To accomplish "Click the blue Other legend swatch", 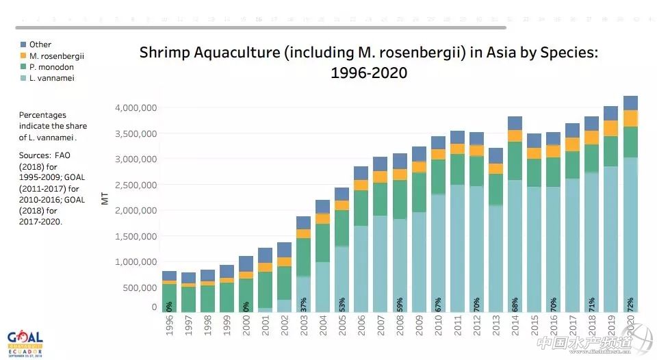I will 23,44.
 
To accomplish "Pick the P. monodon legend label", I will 51,67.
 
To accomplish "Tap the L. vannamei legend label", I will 51,78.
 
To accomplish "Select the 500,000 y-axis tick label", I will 139,287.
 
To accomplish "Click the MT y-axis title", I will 105,199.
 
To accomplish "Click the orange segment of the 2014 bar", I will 515,136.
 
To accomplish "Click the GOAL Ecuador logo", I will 25,342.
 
